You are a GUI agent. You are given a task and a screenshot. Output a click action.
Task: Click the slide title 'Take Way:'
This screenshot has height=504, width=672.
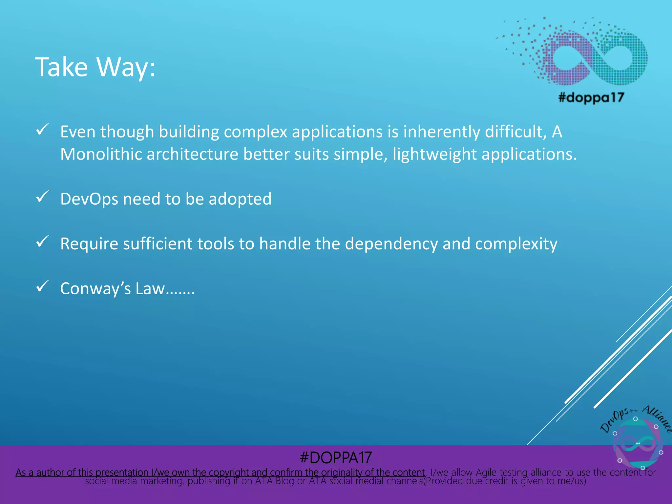click(x=95, y=67)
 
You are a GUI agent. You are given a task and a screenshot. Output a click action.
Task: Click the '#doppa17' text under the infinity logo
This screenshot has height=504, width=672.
click(x=591, y=97)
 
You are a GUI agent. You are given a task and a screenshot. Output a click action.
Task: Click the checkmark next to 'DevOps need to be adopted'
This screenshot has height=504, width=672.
click(x=42, y=197)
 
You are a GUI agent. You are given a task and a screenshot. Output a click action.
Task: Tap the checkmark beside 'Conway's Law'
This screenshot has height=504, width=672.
click(x=42, y=286)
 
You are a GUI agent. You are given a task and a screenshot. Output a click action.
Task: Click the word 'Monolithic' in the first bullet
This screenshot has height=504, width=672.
click(x=101, y=154)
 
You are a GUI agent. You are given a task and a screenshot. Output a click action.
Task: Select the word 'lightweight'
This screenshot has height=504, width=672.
click(x=434, y=154)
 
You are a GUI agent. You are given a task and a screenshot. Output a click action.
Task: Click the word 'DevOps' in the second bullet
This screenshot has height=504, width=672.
click(x=89, y=199)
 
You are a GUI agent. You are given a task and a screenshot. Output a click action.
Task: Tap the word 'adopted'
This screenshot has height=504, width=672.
click(x=240, y=199)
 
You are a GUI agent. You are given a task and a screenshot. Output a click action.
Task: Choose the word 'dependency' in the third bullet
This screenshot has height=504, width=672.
click(x=391, y=244)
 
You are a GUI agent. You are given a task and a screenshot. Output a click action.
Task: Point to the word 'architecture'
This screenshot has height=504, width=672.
click(x=192, y=154)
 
